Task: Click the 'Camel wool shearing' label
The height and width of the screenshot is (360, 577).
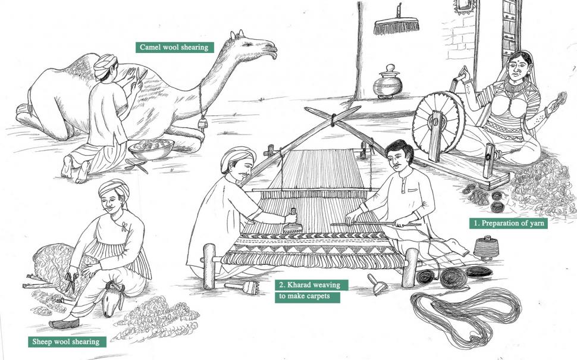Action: [x=174, y=47]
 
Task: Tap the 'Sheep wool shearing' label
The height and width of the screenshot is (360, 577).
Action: [x=67, y=342]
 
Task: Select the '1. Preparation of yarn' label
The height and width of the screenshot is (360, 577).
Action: [x=508, y=223]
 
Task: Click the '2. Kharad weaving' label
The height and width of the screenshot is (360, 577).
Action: [x=311, y=285]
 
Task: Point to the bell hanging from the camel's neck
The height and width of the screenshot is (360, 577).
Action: [x=202, y=123]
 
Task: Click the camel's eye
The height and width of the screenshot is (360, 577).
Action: [x=246, y=44]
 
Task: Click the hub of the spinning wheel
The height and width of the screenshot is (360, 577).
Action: [x=437, y=121]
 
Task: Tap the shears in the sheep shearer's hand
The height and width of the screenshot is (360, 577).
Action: [x=71, y=281]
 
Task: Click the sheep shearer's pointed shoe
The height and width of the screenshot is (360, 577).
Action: [x=64, y=323]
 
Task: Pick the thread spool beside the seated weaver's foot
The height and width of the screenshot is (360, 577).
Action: [x=485, y=247]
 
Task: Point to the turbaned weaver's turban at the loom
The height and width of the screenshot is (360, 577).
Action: [x=237, y=157]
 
